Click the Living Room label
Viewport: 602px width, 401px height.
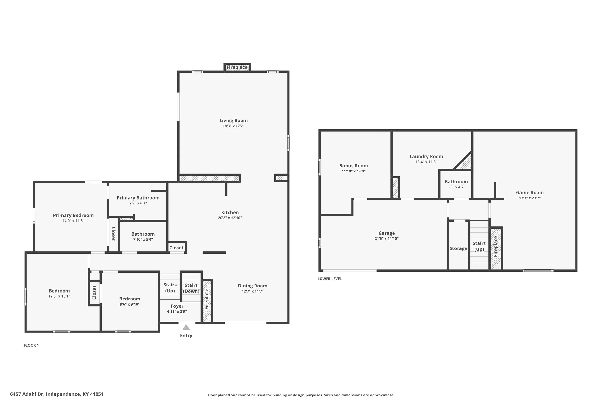233,121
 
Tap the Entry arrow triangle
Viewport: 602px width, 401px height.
186,327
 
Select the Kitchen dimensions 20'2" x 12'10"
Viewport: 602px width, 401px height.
230,218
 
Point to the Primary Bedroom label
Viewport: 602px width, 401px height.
73,215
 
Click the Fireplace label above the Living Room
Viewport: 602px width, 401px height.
237,67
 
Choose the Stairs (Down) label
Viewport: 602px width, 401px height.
191,288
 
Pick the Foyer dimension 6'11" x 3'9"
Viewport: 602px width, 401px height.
177,312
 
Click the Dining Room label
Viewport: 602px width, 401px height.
253,286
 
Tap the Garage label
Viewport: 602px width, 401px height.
386,233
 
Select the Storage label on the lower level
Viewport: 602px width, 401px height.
458,248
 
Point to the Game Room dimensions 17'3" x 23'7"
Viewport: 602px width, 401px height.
530,198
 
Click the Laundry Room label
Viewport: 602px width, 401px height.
426,157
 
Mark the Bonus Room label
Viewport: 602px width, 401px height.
353,166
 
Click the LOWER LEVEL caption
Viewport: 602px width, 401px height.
330,279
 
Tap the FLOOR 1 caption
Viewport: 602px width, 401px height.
31,345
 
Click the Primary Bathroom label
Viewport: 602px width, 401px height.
138,198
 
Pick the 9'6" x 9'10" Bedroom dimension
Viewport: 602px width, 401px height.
130,304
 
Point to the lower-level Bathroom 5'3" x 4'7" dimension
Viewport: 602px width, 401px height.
456,187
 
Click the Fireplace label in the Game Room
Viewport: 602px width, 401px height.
495,247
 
